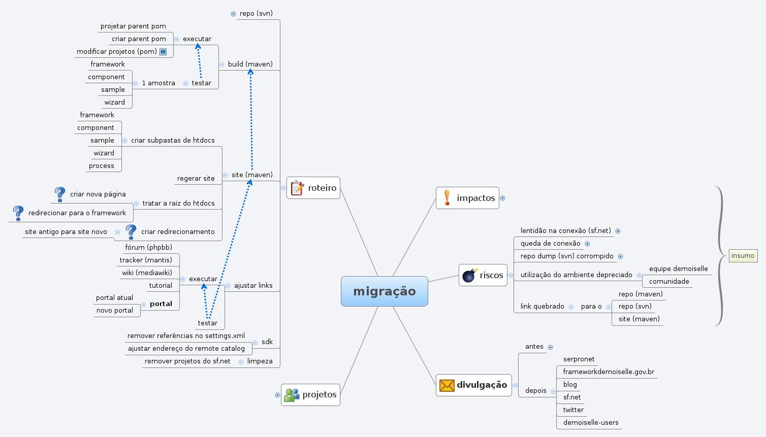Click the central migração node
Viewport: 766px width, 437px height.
click(384, 291)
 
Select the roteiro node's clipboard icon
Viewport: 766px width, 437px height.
click(297, 188)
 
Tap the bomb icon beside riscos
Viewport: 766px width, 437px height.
click(469, 275)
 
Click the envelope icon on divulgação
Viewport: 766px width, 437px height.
click(446, 385)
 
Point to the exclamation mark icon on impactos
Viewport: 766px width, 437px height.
click(447, 198)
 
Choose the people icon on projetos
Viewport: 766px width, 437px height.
click(292, 395)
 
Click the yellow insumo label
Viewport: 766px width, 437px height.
click(743, 256)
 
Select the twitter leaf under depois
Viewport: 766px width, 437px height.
click(573, 410)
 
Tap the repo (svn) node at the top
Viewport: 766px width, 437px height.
click(256, 14)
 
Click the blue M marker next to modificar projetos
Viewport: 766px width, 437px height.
click(163, 52)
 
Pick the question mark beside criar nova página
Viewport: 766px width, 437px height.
click(60, 194)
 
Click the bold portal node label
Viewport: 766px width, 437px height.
click(161, 304)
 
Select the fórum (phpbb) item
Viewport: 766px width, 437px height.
click(148, 248)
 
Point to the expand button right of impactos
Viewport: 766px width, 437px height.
click(502, 198)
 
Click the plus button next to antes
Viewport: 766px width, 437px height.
click(550, 347)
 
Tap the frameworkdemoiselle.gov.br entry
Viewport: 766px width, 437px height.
click(608, 372)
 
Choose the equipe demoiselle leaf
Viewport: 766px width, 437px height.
click(678, 269)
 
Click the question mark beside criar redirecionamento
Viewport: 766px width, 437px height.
click(131, 231)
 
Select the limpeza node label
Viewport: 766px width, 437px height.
click(260, 361)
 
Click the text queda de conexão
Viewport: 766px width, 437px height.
click(550, 244)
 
